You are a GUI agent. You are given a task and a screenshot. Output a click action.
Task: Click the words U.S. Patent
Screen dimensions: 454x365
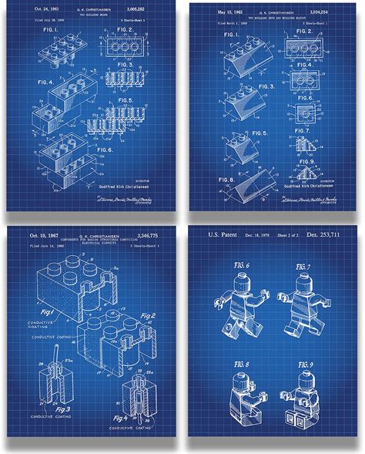coord(222,232)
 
